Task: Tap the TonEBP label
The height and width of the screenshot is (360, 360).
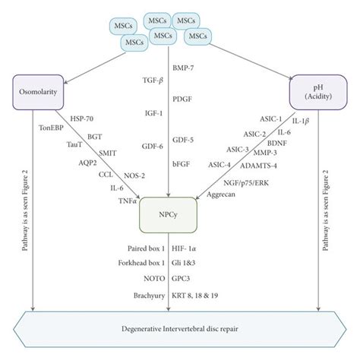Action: (x=52, y=128)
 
